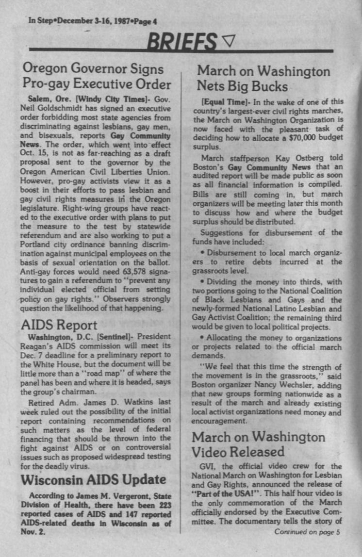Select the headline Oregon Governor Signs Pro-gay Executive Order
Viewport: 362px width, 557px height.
click(x=97, y=76)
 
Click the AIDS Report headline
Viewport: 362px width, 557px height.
click(x=58, y=326)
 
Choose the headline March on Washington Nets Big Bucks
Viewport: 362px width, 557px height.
click(x=263, y=79)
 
